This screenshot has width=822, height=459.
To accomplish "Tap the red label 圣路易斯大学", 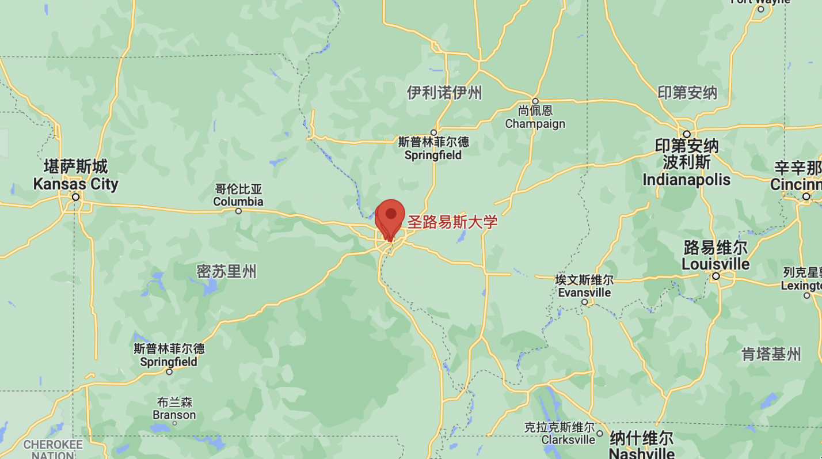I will [x=452, y=222].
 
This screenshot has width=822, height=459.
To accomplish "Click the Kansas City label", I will [x=75, y=176].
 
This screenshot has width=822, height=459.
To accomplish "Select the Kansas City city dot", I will [x=75, y=197].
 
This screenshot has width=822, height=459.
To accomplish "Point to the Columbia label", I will [x=238, y=195].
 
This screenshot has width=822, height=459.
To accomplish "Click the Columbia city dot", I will [x=238, y=211].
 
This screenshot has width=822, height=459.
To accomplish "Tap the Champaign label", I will [x=535, y=117].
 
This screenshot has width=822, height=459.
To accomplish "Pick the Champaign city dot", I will [x=535, y=101].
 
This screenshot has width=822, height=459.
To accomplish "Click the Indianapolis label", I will [x=686, y=163].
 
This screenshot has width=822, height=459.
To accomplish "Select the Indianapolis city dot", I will [x=687, y=134].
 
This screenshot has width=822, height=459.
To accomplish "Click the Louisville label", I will [x=716, y=256].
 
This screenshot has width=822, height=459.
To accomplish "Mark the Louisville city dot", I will [x=716, y=276].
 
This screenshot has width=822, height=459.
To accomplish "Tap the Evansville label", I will [x=584, y=286].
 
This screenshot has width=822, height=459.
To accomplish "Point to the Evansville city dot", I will [x=584, y=302].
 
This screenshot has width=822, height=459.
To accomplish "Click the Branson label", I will [x=174, y=408].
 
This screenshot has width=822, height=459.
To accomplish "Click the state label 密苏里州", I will [x=226, y=271].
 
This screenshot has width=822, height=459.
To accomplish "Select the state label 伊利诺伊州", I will [x=444, y=92].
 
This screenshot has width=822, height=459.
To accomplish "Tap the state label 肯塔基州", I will [x=771, y=354].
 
